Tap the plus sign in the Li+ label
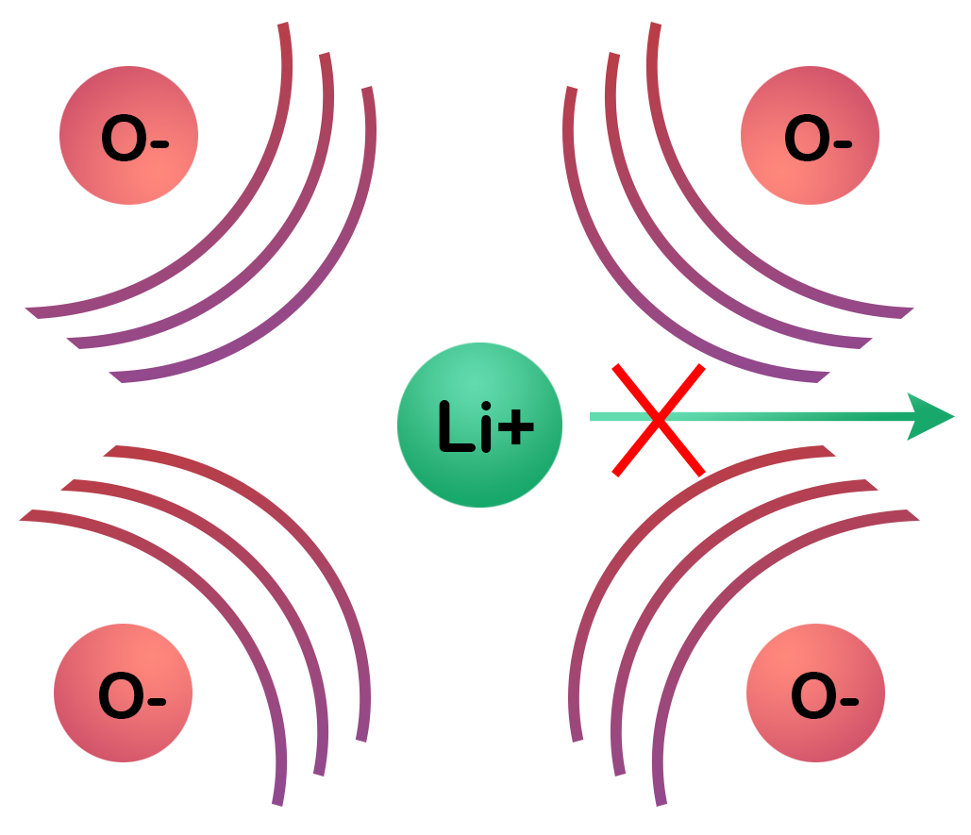coord(514,429)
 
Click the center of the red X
coord(659,418)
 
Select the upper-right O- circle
coord(810,136)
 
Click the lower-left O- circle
coord(123,693)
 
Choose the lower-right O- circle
coord(815,693)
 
